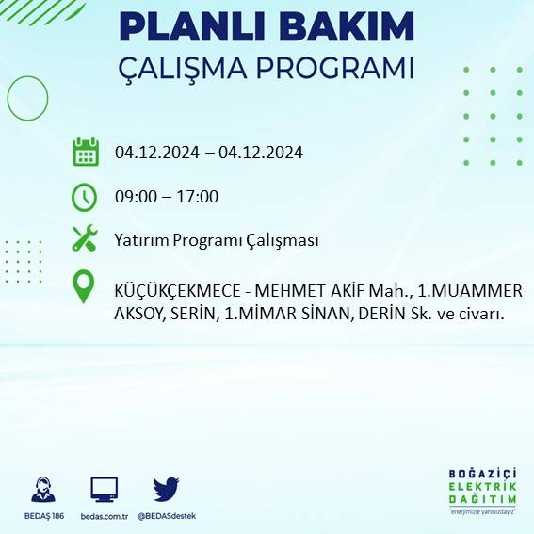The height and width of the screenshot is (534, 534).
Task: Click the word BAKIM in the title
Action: (x=345, y=28)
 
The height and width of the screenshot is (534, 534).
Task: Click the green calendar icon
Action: (x=86, y=152)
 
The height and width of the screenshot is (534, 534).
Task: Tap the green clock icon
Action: (x=85, y=197)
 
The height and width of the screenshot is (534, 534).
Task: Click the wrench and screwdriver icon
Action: (x=85, y=239)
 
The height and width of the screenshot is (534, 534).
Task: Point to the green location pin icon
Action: (x=85, y=287)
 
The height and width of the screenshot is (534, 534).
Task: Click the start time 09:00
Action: (x=135, y=197)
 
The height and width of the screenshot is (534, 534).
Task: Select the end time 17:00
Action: (x=199, y=197)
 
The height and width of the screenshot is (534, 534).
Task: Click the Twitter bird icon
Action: (x=166, y=489)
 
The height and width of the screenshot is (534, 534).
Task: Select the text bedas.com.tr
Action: (x=104, y=516)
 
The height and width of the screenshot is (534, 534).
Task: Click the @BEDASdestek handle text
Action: (x=167, y=516)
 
